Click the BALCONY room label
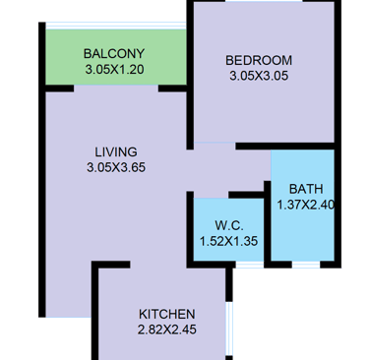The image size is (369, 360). tap(114, 53)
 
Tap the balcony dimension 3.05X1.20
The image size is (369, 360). tap(114, 70)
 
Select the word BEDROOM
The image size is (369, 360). tap(259, 60)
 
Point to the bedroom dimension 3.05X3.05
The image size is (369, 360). tap(259, 76)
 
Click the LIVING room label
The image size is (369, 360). tap(116, 152)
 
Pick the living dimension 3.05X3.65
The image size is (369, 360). tap(116, 167)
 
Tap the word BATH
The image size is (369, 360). tap(306, 189)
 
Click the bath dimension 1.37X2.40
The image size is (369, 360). tap(306, 205)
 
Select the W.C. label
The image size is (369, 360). tap(229, 226)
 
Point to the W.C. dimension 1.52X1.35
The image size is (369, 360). tap(228, 241)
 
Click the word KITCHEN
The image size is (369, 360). tap(167, 314)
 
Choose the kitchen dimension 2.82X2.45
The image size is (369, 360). tap(167, 330)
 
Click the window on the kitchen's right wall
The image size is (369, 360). tap(229, 329)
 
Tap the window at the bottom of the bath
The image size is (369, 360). tap(306, 265)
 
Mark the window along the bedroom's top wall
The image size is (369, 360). tap(264, 1)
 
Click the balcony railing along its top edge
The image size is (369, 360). tap(116, 26)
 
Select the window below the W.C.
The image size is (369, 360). tap(250, 265)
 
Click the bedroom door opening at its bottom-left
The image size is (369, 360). tap(215, 143)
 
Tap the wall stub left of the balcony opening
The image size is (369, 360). tap(59, 89)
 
